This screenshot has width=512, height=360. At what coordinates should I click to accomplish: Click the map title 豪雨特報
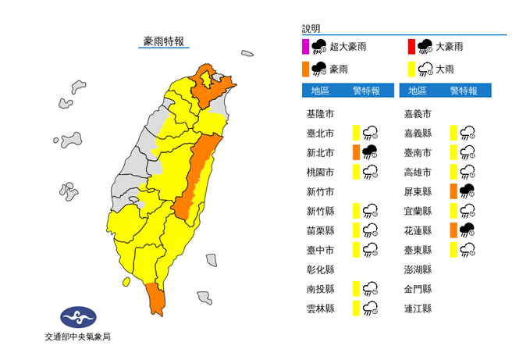[165, 40]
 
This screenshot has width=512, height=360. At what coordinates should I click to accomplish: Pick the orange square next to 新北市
[356, 151]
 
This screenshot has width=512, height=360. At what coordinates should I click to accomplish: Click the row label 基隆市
[321, 112]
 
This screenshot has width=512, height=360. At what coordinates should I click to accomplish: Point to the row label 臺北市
[321, 132]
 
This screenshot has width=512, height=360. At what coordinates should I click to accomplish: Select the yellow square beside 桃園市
[356, 171]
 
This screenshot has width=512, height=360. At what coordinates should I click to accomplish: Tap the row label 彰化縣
[321, 269]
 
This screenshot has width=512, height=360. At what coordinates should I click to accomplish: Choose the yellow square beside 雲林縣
[356, 308]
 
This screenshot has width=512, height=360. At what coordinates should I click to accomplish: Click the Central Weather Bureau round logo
[78, 318]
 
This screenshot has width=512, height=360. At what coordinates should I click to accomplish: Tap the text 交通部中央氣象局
[78, 337]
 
